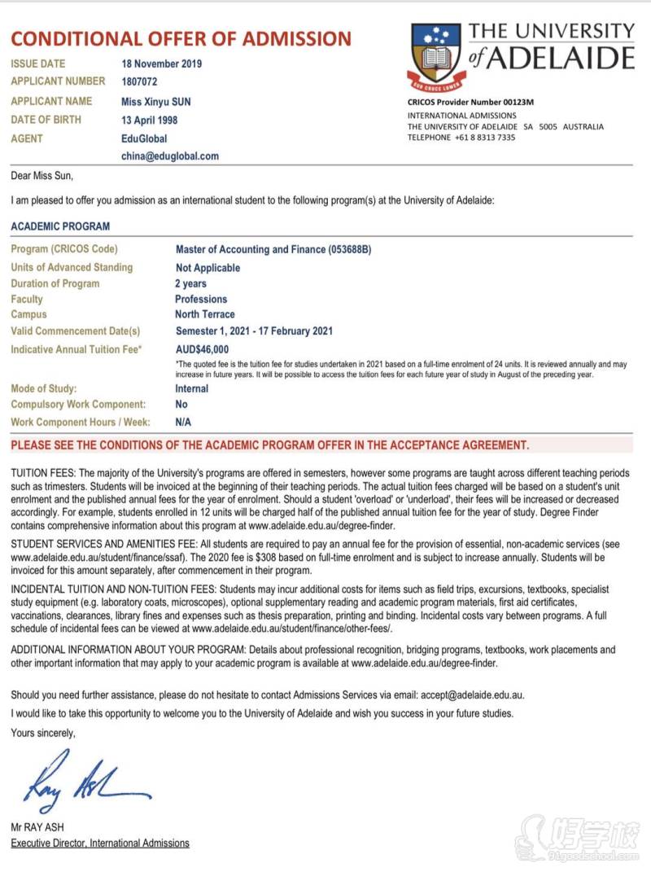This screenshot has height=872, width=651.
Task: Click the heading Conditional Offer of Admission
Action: click(x=181, y=38)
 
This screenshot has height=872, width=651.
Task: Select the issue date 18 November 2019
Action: click(x=162, y=64)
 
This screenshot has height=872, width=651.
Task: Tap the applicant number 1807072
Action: click(x=139, y=81)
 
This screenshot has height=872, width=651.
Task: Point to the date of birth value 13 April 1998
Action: click(x=150, y=120)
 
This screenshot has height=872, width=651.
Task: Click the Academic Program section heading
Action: click(x=60, y=226)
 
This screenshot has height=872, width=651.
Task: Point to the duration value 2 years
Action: click(x=191, y=284)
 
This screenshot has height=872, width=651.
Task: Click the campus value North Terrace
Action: click(x=204, y=314)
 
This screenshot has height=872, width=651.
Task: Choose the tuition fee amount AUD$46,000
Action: click(x=202, y=349)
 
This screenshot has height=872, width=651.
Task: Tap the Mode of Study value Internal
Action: click(x=192, y=389)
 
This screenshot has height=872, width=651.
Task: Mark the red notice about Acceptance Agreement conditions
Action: click(x=269, y=445)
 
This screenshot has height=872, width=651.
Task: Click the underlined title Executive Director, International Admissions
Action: click(x=99, y=844)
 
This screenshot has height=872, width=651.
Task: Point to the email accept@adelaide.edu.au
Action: click(x=472, y=696)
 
